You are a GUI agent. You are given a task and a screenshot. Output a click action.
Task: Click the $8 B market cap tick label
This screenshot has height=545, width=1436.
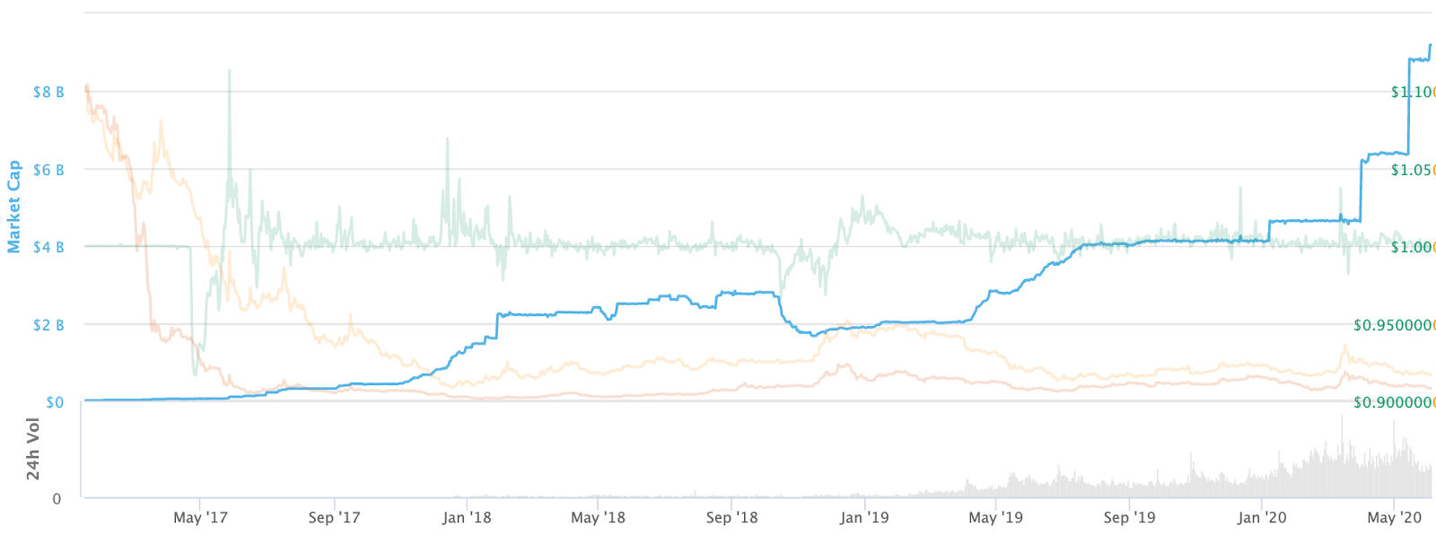click(x=48, y=92)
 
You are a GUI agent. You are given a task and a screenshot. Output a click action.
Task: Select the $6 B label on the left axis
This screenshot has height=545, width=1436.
click(x=48, y=170)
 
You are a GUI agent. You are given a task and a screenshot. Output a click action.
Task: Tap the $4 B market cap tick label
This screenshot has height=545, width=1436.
click(x=48, y=247)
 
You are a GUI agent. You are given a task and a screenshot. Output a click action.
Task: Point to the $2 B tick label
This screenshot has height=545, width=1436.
click(x=48, y=325)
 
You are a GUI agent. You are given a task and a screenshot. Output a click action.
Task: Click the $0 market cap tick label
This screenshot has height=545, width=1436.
click(x=55, y=402)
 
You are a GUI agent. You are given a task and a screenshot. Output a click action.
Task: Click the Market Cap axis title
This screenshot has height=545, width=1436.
click(x=13, y=207)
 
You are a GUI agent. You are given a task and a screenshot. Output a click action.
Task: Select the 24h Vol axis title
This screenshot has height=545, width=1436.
click(x=33, y=448)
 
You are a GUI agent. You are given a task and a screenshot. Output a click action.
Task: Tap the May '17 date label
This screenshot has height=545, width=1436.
click(x=200, y=518)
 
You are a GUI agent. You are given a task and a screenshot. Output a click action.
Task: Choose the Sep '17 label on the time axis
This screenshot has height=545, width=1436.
click(x=334, y=518)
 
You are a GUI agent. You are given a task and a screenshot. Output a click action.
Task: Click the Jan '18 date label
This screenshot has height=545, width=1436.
click(x=467, y=518)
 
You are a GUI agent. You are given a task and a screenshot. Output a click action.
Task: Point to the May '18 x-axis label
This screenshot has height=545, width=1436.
click(x=598, y=518)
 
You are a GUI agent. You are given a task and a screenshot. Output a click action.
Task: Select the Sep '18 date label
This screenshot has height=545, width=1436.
click(x=731, y=518)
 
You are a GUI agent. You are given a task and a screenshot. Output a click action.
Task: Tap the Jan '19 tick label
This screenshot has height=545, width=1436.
click(x=864, y=518)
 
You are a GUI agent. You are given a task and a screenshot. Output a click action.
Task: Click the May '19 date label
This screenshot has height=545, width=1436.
click(x=995, y=518)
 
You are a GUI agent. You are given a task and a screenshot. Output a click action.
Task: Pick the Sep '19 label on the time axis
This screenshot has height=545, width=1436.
click(x=1129, y=518)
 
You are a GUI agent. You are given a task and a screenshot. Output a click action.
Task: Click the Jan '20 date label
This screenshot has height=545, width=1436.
click(x=1262, y=518)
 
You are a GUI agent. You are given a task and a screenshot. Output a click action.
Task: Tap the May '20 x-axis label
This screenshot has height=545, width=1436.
click(x=1394, y=518)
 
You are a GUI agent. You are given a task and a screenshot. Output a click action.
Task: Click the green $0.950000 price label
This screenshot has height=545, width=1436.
click(x=1394, y=325)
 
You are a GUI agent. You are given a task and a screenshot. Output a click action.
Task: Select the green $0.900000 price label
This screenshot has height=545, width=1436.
click(x=1394, y=402)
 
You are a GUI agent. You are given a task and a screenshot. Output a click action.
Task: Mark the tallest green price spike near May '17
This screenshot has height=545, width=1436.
click(x=229, y=71)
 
